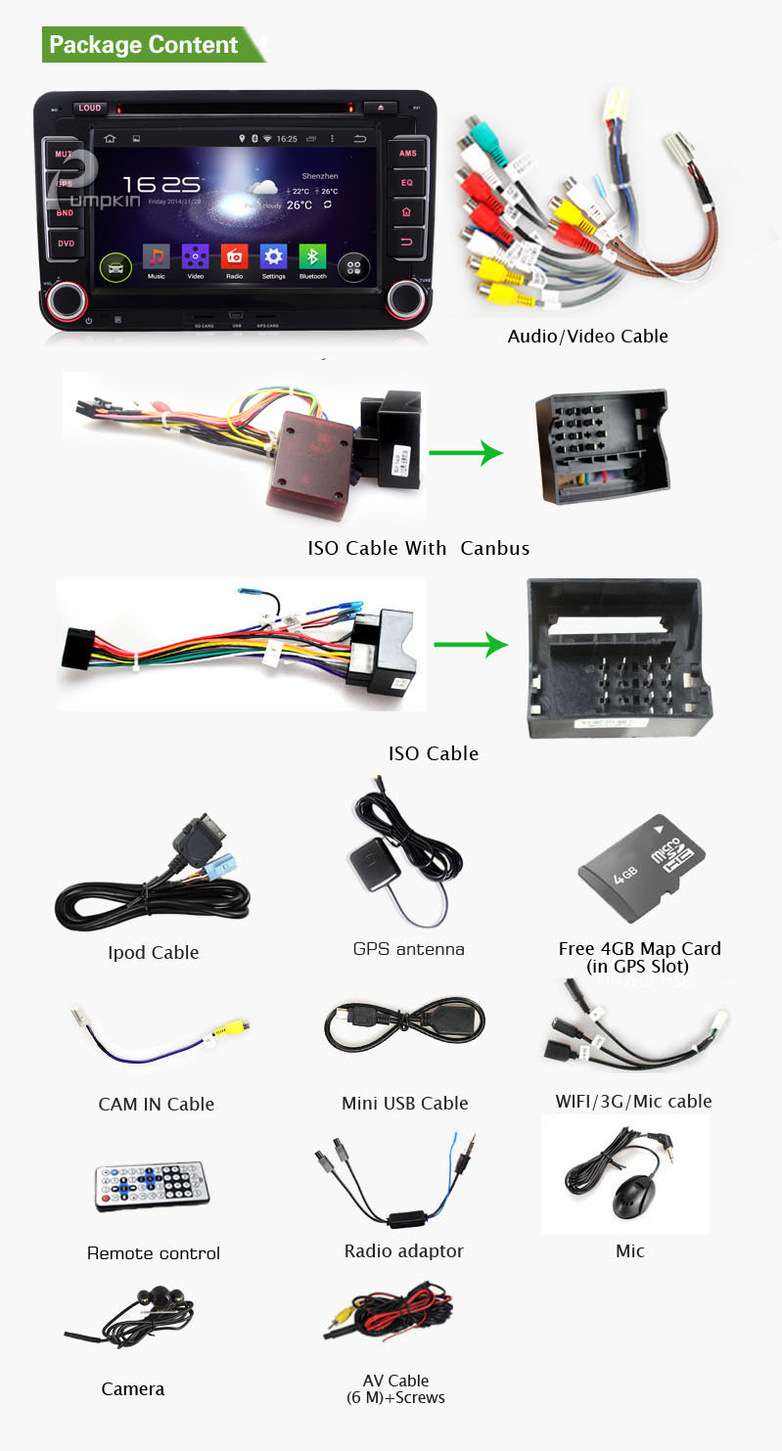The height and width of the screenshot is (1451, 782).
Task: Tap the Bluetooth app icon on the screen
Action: tap(312, 256)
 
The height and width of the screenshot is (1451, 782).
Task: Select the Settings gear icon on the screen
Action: tap(273, 256)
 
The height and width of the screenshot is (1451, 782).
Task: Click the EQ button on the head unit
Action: tap(407, 182)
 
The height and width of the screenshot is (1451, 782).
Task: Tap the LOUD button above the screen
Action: tap(90, 108)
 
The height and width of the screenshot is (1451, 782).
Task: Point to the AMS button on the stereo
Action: tap(407, 154)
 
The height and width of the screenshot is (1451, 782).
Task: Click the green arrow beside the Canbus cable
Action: tap(466, 453)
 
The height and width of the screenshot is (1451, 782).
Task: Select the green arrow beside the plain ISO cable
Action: tap(470, 645)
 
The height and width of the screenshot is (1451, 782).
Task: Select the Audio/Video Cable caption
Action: tap(587, 336)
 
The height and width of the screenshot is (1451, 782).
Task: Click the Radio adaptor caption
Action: tap(403, 1250)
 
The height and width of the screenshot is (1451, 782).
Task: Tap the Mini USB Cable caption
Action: tap(404, 1103)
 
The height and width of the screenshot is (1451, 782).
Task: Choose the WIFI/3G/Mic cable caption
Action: tap(633, 1101)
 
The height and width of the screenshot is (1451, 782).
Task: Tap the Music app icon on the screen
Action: tap(156, 256)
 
